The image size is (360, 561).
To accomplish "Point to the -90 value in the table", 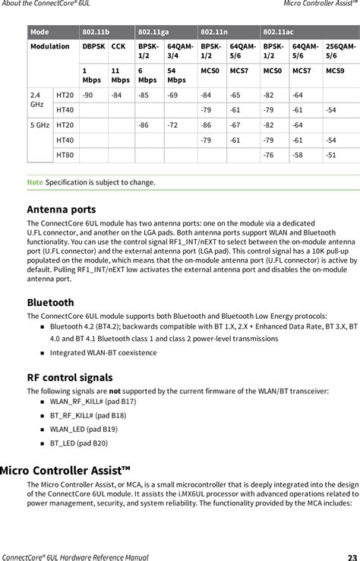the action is [x=89, y=95].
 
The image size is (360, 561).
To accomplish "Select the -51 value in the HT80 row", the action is [x=330, y=155].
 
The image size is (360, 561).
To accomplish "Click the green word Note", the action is [x=35, y=182].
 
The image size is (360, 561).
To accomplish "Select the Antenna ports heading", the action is [x=62, y=209].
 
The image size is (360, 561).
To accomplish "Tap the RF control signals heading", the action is [x=70, y=377].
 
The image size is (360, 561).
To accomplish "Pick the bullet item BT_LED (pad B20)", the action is [x=79, y=443].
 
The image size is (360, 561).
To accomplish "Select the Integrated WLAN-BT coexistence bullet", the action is [x=103, y=353].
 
